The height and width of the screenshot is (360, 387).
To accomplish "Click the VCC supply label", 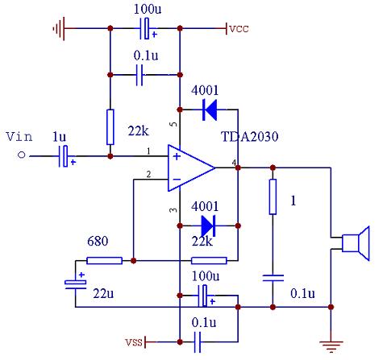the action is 239,29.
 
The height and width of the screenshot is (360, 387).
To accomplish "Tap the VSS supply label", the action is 134,342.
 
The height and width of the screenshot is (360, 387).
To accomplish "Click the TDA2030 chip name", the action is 249,136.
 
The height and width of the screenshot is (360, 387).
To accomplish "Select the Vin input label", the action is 19,137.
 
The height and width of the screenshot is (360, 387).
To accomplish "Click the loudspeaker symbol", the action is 356,243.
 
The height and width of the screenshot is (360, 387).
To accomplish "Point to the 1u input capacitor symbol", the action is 64,156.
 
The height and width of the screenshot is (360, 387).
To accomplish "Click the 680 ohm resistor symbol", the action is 105,260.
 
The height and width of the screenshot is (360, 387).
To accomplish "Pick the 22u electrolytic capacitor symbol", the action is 76,284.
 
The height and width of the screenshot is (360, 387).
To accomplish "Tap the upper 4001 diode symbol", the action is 210,110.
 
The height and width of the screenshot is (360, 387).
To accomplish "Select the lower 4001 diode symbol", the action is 208,226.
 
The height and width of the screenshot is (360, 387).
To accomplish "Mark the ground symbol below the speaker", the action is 331,346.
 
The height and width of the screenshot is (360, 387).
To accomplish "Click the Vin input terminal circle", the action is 22,155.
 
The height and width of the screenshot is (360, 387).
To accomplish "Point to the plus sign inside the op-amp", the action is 177,156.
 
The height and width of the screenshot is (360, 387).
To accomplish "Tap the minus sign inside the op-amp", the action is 177,179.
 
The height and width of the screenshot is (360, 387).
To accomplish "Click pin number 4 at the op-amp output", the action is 235,163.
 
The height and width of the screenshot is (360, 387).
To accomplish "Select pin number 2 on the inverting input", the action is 148,175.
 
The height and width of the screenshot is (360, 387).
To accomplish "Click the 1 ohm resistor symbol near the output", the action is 273,197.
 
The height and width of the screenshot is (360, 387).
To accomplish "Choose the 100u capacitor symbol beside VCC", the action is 146,28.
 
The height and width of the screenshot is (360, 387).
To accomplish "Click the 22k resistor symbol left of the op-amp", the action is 110,127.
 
